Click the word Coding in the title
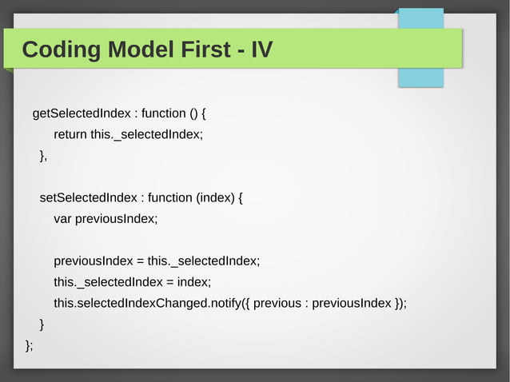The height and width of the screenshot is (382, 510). click(61, 50)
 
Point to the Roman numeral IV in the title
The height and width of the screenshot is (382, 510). click(261, 50)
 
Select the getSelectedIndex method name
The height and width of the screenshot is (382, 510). click(82, 113)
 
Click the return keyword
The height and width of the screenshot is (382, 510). click(70, 134)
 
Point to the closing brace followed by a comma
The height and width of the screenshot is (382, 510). click(43, 155)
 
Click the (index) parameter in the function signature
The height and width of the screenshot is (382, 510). click(216, 197)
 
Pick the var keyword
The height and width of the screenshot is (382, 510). click(62, 218)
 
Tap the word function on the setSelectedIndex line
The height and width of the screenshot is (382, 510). click(170, 197)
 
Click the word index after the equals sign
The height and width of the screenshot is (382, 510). click(193, 281)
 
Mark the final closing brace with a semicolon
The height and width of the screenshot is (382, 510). click(29, 344)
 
